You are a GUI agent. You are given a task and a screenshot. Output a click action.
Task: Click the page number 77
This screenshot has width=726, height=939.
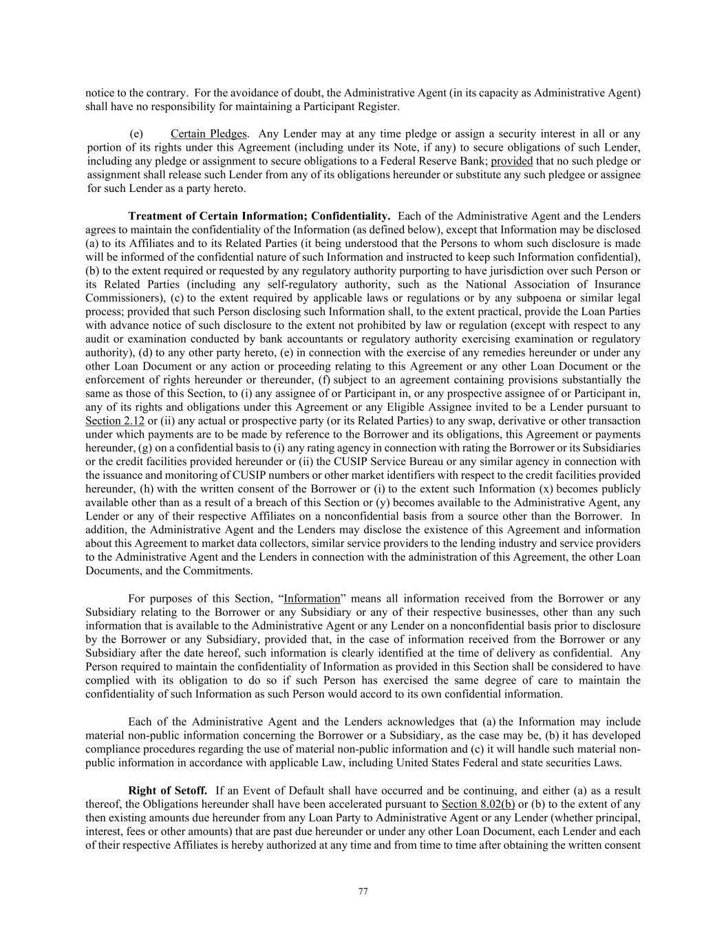click(363, 892)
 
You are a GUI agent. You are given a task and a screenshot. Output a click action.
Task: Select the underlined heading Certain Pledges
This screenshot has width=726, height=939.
click(209, 133)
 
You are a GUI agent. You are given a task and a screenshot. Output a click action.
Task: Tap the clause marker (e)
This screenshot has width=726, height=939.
click(136, 133)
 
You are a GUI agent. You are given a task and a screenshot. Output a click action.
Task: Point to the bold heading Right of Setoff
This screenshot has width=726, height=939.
click(167, 790)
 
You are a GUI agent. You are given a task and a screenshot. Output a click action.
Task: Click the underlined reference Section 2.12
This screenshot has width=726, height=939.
click(114, 420)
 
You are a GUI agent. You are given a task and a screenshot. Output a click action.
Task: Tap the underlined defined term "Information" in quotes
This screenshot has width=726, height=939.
click(312, 598)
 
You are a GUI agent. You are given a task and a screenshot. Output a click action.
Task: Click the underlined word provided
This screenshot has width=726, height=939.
click(511, 161)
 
